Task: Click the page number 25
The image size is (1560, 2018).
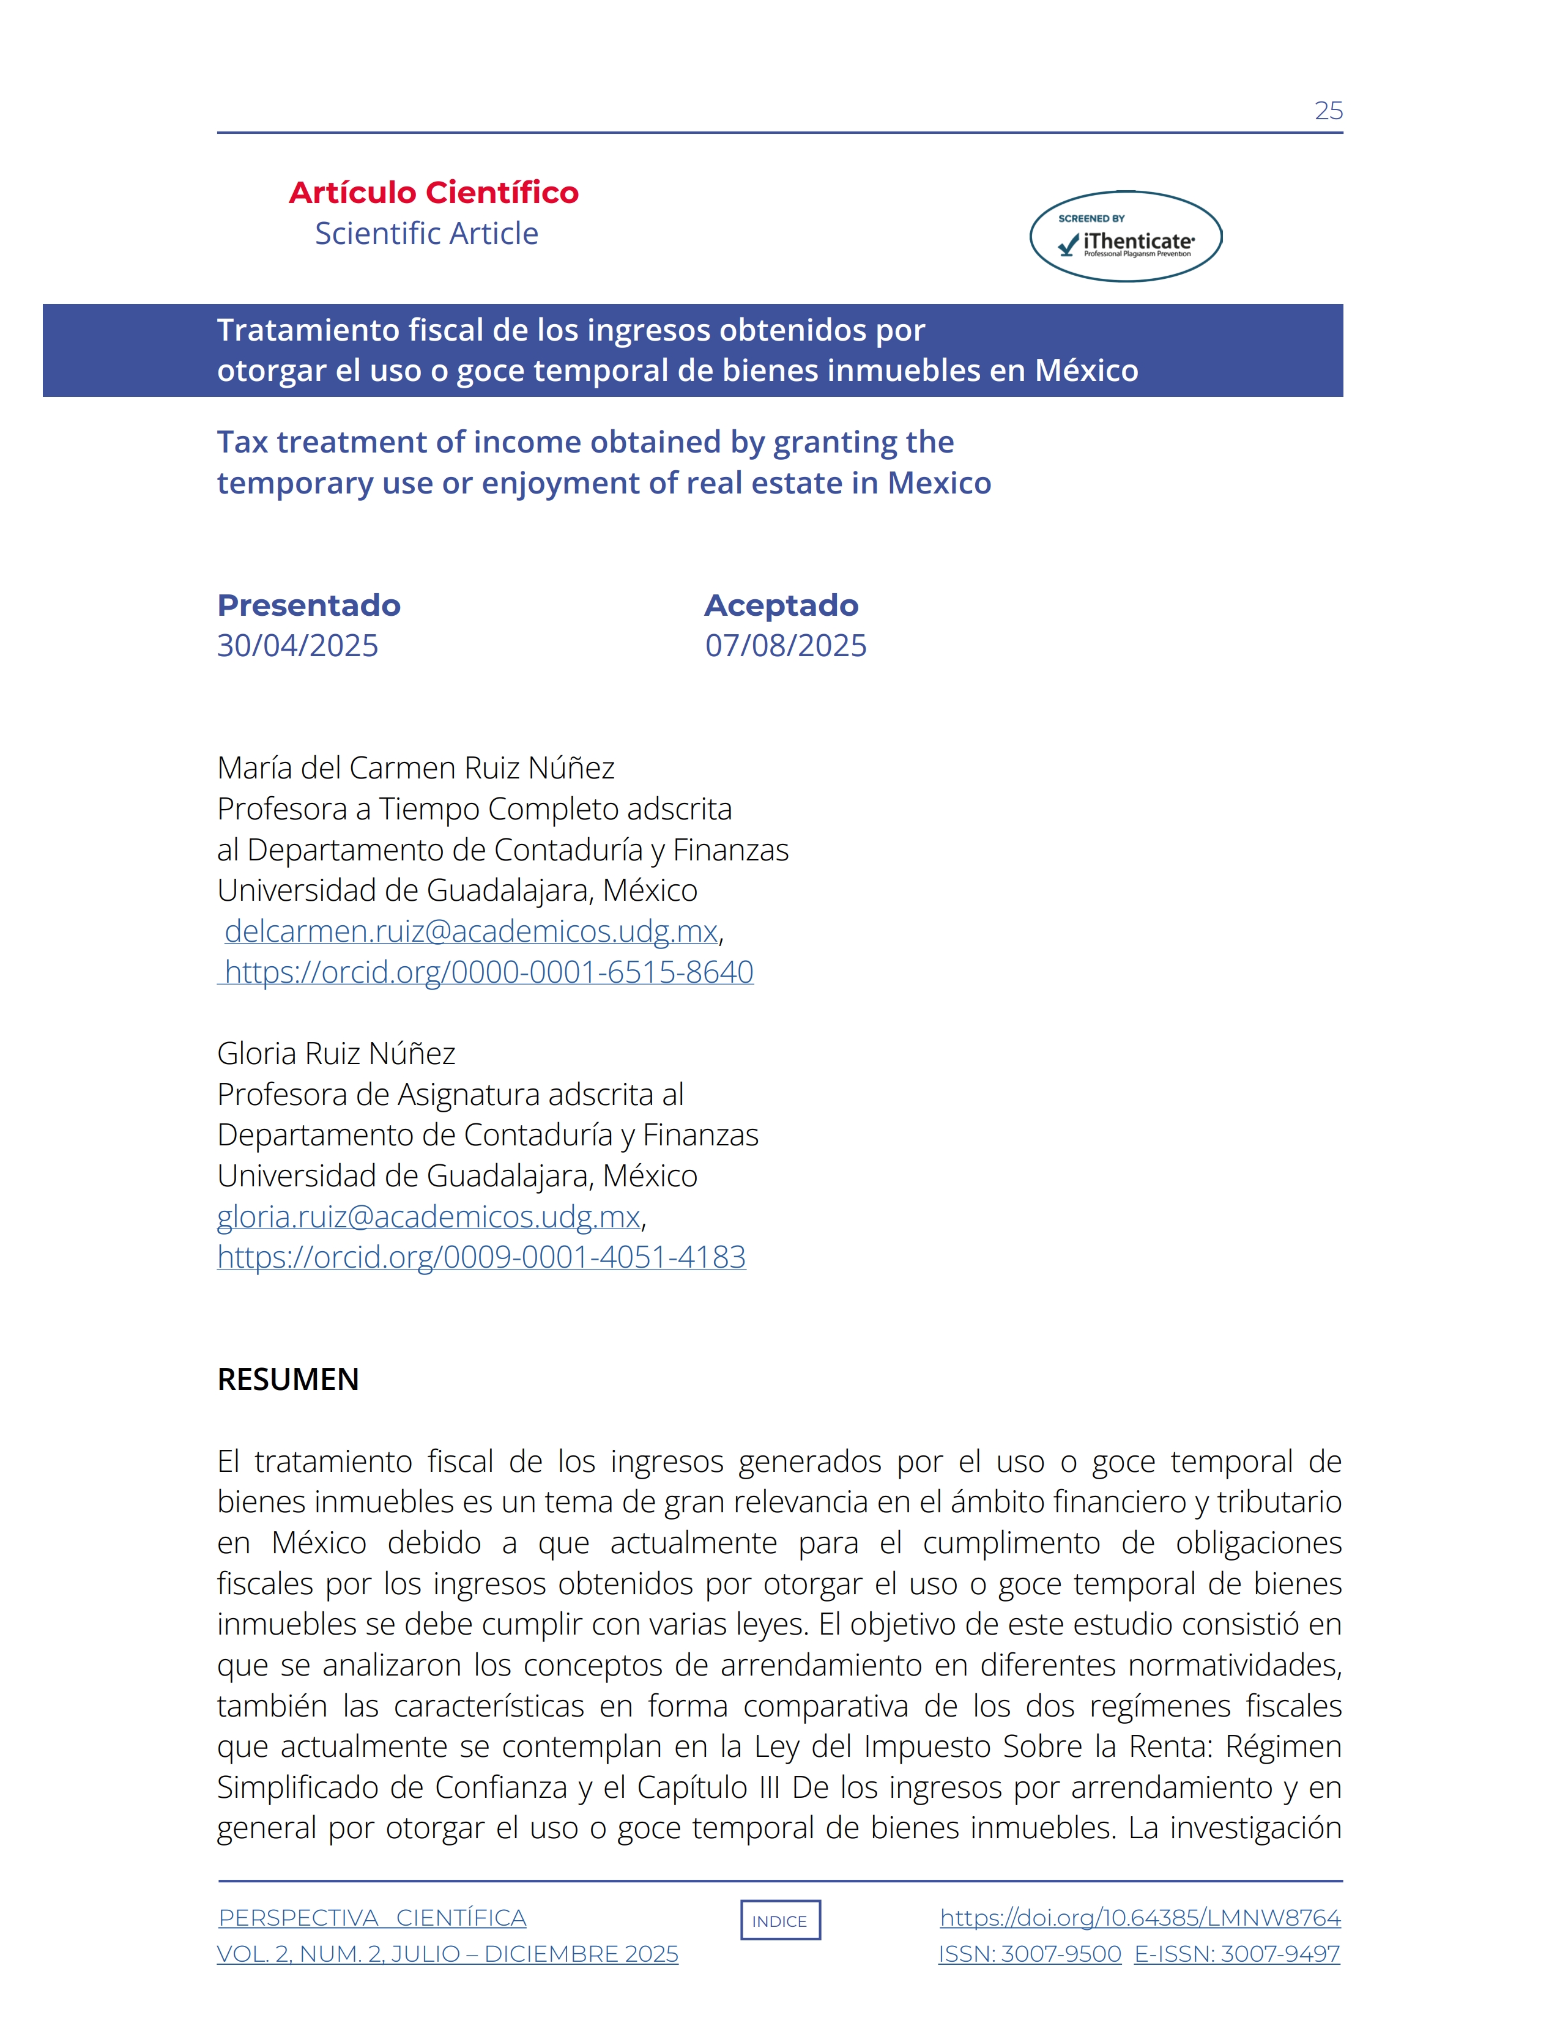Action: coord(1328,111)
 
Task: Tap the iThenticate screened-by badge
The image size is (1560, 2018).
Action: coord(1126,237)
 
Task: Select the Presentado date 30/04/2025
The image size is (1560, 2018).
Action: coord(297,645)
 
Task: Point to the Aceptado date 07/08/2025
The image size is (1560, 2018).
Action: coord(786,645)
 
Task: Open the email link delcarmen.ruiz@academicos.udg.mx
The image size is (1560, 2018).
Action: coord(470,931)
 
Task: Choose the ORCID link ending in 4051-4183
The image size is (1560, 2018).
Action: coord(481,1257)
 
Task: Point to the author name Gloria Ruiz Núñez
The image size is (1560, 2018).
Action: coord(336,1054)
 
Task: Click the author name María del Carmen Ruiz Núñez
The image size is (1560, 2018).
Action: coord(416,768)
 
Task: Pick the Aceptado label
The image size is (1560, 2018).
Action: coord(781,605)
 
